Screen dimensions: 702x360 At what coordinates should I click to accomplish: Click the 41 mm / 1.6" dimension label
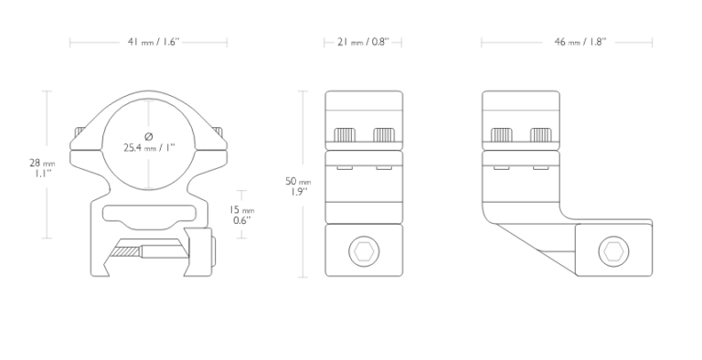pos(154,42)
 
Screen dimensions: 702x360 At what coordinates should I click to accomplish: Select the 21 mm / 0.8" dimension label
pos(363,42)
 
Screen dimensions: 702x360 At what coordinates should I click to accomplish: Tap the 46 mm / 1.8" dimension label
pos(580,42)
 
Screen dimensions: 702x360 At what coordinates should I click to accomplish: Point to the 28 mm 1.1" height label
pos(42,167)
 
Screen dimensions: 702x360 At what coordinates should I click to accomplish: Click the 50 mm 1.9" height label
pos(298,186)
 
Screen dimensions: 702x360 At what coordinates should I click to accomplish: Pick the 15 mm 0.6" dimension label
pos(242,215)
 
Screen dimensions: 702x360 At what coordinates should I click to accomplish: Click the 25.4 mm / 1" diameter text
pos(149,147)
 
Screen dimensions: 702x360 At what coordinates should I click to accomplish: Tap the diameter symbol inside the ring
pos(149,136)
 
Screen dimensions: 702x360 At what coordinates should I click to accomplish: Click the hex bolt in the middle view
pos(364,251)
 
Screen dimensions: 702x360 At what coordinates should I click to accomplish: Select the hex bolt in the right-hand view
pos(613,251)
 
